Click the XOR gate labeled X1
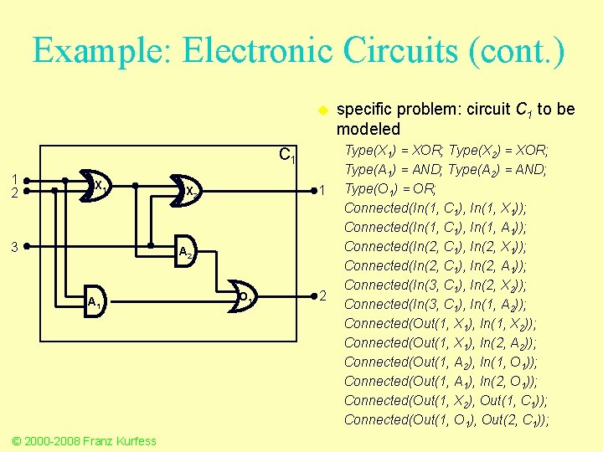pyautogui.click(x=95, y=185)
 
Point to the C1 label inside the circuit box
pyautogui.click(x=286, y=155)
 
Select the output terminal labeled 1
pyautogui.click(x=320, y=192)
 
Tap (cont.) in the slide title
pyautogui.click(x=517, y=52)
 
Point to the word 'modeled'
pyautogui.click(x=368, y=129)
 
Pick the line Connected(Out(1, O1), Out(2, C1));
pyautogui.click(x=446, y=419)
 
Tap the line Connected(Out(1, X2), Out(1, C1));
pyautogui.click(x=446, y=400)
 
